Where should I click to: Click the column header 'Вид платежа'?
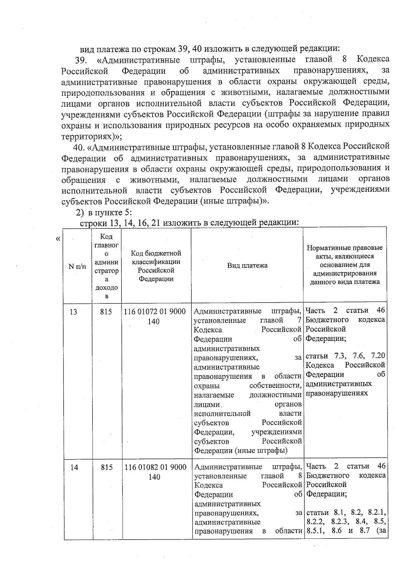[x=247, y=265]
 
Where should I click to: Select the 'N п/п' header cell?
[x=77, y=266]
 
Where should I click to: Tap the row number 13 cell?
[x=73, y=312]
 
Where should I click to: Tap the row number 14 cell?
[x=74, y=468]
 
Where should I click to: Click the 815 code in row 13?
[x=106, y=312]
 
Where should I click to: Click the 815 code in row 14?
[x=107, y=468]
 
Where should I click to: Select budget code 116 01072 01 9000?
[x=155, y=312]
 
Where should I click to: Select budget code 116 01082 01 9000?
[x=155, y=468]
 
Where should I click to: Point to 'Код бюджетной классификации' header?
[x=156, y=266]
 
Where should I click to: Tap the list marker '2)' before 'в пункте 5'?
[x=80, y=212]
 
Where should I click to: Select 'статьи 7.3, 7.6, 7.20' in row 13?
[x=345, y=356]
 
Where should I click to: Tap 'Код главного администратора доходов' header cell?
[x=106, y=266]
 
